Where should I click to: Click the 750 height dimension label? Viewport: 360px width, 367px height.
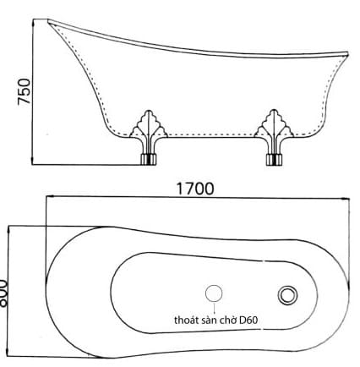pyautogui.click(x=25, y=90)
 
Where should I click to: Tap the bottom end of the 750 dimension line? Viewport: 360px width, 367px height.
pyautogui.click(x=31, y=162)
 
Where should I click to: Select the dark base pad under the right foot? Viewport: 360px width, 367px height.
pyautogui.click(x=275, y=158)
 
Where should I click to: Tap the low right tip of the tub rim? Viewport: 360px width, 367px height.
pyautogui.click(x=347, y=56)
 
